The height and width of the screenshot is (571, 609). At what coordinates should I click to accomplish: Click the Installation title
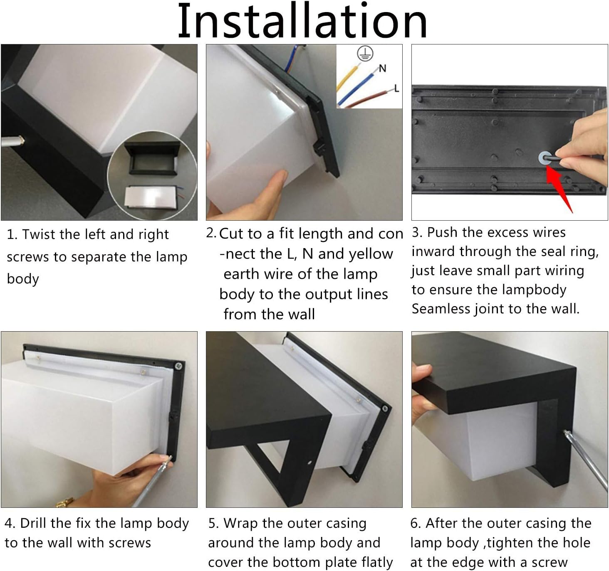(302, 20)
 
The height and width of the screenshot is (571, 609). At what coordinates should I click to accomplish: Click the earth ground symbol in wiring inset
(365, 54)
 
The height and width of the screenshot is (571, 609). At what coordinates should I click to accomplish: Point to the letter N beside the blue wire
(382, 68)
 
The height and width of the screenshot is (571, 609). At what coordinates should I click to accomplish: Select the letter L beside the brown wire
(396, 89)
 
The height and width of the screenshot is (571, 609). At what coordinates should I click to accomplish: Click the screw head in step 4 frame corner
(178, 366)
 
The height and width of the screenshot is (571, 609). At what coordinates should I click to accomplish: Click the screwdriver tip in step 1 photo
(22, 141)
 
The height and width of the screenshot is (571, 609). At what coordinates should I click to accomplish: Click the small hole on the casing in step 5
(309, 463)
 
